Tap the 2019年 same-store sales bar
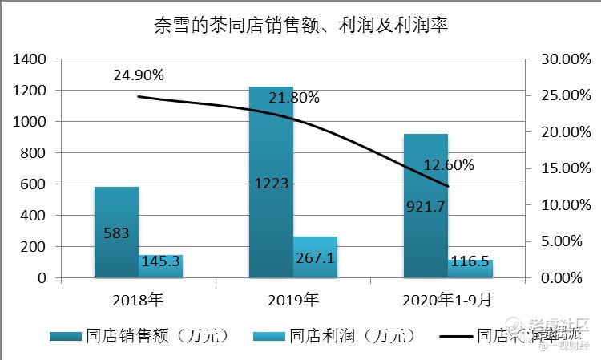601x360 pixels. pos(271,144)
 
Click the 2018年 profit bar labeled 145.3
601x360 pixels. pos(161,266)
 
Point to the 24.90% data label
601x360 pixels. pos(139,75)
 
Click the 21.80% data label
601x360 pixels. pos(293,98)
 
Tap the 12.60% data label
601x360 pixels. pos(449,165)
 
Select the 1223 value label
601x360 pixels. pos(271,184)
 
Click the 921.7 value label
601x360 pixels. pos(426,208)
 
